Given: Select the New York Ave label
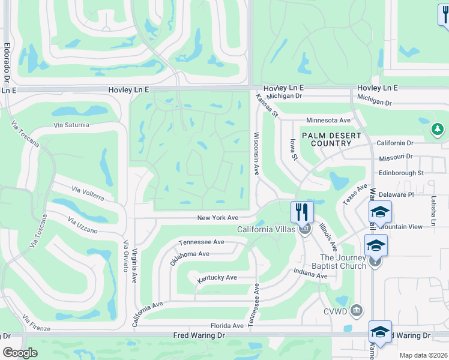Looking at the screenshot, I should coord(218,218).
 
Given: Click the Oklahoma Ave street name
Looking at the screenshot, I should coord(189,254).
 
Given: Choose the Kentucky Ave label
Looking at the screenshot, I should coord(217,278).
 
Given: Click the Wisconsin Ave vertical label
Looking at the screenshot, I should coord(256,154).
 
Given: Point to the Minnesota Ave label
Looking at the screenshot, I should coord(328,120).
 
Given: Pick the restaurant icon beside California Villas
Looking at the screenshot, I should coord(303,212).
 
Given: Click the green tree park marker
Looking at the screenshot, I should coord(438,129).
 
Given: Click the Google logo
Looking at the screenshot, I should coord(20,353).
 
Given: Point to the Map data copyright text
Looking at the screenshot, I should coord(423,355).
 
